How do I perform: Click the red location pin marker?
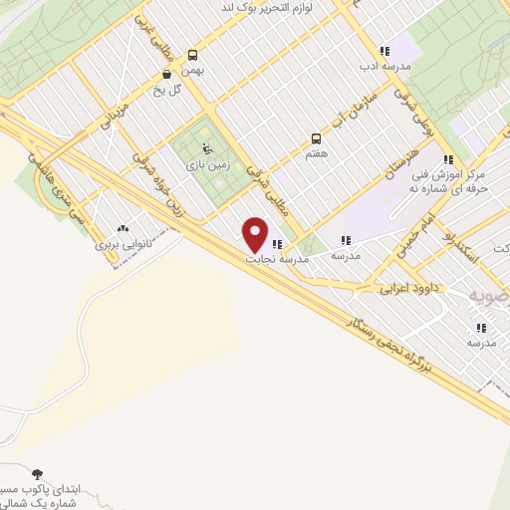(256, 234)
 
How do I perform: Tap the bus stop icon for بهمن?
(191, 56)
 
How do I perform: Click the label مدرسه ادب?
(384, 67)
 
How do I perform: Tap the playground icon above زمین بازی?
(206, 150)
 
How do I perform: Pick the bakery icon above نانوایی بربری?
(123, 229)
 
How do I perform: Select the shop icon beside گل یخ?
(166, 74)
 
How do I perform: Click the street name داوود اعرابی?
(416, 288)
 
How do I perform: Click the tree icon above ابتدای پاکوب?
(38, 474)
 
